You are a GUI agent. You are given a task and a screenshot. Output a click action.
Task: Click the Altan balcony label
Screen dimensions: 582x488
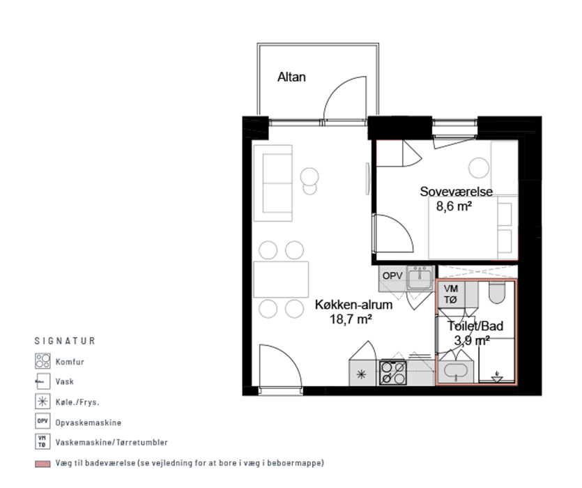point(291,77)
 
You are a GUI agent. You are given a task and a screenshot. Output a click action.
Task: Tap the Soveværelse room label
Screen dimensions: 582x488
point(456,192)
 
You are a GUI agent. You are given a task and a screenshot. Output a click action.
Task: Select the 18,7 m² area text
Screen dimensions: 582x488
point(351,319)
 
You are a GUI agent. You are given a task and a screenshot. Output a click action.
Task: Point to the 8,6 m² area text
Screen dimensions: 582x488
point(454,206)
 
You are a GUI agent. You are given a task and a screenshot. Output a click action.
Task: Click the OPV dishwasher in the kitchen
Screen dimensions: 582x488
point(392,278)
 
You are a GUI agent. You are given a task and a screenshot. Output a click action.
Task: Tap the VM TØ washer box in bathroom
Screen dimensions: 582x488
point(451,294)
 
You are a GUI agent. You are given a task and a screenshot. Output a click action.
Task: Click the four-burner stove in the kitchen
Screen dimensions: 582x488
point(393,373)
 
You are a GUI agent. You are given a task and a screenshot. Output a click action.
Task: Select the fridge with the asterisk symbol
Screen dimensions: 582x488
point(362,373)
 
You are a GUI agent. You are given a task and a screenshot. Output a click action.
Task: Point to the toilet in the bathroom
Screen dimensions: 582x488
point(497,292)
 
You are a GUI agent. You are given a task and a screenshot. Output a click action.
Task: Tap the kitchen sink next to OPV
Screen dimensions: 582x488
point(420,277)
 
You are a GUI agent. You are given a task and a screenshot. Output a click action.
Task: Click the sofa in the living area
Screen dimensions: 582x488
point(273,183)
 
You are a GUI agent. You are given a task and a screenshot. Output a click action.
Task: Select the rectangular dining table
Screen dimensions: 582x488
point(281,280)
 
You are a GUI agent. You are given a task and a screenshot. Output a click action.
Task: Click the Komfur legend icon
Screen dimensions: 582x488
point(43,361)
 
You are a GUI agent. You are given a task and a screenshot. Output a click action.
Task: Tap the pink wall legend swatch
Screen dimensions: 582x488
point(43,464)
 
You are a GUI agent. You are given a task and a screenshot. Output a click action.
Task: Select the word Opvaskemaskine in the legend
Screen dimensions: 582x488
point(89,422)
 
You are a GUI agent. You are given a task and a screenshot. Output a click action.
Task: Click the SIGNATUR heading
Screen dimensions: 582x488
point(65,341)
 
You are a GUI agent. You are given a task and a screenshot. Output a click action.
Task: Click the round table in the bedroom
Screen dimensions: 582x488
point(479,167)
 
